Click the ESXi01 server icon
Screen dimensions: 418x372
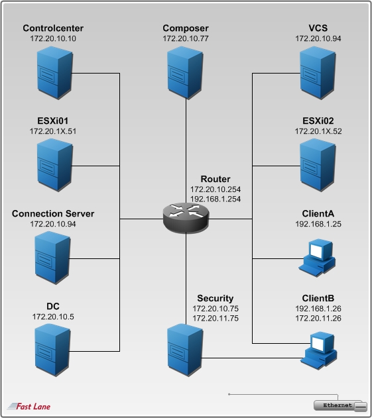pos(53,163)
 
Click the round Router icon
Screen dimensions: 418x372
pos(186,217)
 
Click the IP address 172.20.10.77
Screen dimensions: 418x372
pos(186,40)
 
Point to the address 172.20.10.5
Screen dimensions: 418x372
pos(53,317)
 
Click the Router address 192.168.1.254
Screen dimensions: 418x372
pos(215,199)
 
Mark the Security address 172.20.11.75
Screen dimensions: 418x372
pos(216,318)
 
